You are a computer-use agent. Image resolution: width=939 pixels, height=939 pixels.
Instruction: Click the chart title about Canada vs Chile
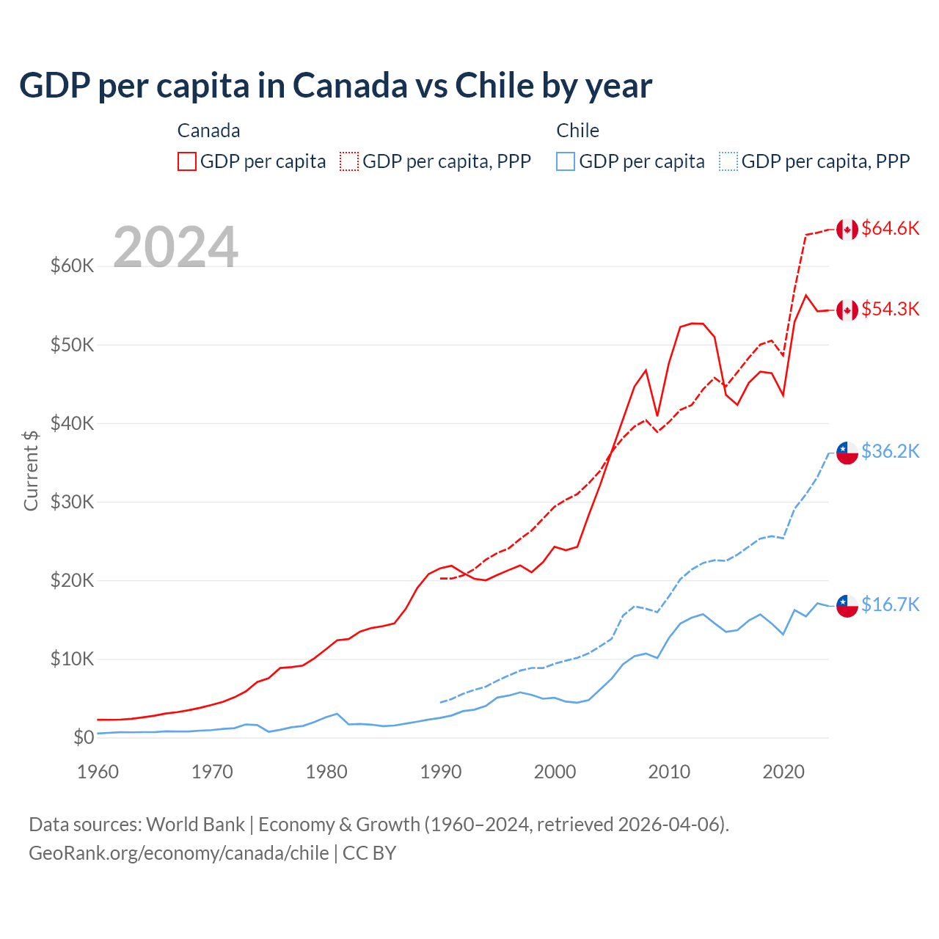(335, 86)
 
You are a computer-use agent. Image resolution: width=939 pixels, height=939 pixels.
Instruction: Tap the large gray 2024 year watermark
(175, 247)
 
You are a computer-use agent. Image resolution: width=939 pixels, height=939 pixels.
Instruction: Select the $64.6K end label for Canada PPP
(890, 228)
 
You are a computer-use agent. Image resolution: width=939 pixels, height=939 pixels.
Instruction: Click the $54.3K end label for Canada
(890, 309)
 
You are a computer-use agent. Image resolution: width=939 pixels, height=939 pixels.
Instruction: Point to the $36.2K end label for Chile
(890, 451)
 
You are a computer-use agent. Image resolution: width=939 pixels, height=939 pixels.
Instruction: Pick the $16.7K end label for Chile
(890, 604)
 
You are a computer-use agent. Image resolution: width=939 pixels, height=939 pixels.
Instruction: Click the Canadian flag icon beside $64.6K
(847, 229)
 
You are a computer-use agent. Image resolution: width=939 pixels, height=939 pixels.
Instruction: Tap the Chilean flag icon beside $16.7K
(847, 606)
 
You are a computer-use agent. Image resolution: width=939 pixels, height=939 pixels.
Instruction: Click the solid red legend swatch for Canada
(187, 161)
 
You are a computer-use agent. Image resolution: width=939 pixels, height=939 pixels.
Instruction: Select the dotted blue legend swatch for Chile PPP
(728, 161)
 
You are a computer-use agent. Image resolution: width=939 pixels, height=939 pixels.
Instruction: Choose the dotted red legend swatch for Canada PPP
(349, 161)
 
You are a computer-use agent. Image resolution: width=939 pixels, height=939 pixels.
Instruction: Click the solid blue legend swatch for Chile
(566, 161)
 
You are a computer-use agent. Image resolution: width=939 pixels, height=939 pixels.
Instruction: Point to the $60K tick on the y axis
(72, 266)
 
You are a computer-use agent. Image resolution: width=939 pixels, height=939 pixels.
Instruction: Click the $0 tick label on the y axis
(84, 737)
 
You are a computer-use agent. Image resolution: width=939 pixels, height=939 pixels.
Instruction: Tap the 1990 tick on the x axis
(441, 772)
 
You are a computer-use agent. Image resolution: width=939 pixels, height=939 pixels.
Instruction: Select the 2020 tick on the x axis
(783, 772)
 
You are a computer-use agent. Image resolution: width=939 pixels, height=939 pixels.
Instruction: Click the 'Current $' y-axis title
(31, 470)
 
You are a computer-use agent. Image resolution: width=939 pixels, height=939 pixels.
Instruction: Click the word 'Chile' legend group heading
(577, 131)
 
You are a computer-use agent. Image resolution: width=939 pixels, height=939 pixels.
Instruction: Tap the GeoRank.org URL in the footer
(179, 853)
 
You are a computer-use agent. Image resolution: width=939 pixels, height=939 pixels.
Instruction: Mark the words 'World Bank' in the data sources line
(195, 825)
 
